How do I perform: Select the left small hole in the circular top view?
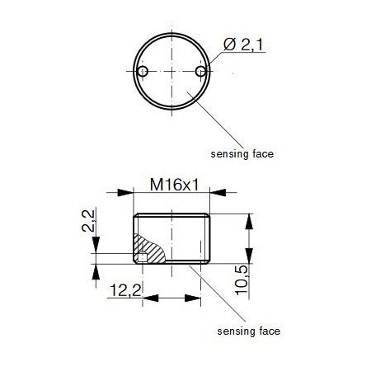(x=143, y=73)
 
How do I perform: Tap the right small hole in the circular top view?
(x=200, y=73)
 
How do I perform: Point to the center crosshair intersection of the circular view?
(x=171, y=73)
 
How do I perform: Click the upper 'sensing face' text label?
(x=241, y=153)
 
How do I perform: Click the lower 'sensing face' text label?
(x=248, y=331)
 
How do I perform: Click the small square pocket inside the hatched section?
(x=143, y=257)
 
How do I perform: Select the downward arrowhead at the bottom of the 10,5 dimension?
(x=247, y=257)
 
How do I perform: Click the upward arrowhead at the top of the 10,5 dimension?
(x=247, y=219)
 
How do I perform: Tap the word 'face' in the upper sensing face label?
(x=261, y=153)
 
